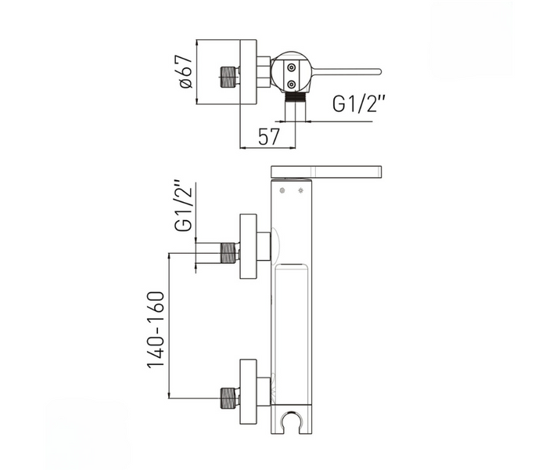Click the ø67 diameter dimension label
[186, 72]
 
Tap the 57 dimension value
[268, 136]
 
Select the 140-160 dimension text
[156, 330]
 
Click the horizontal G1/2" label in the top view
[359, 104]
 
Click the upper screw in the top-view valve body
[292, 67]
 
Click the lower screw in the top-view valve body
[292, 85]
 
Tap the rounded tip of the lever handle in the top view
[379, 71]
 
